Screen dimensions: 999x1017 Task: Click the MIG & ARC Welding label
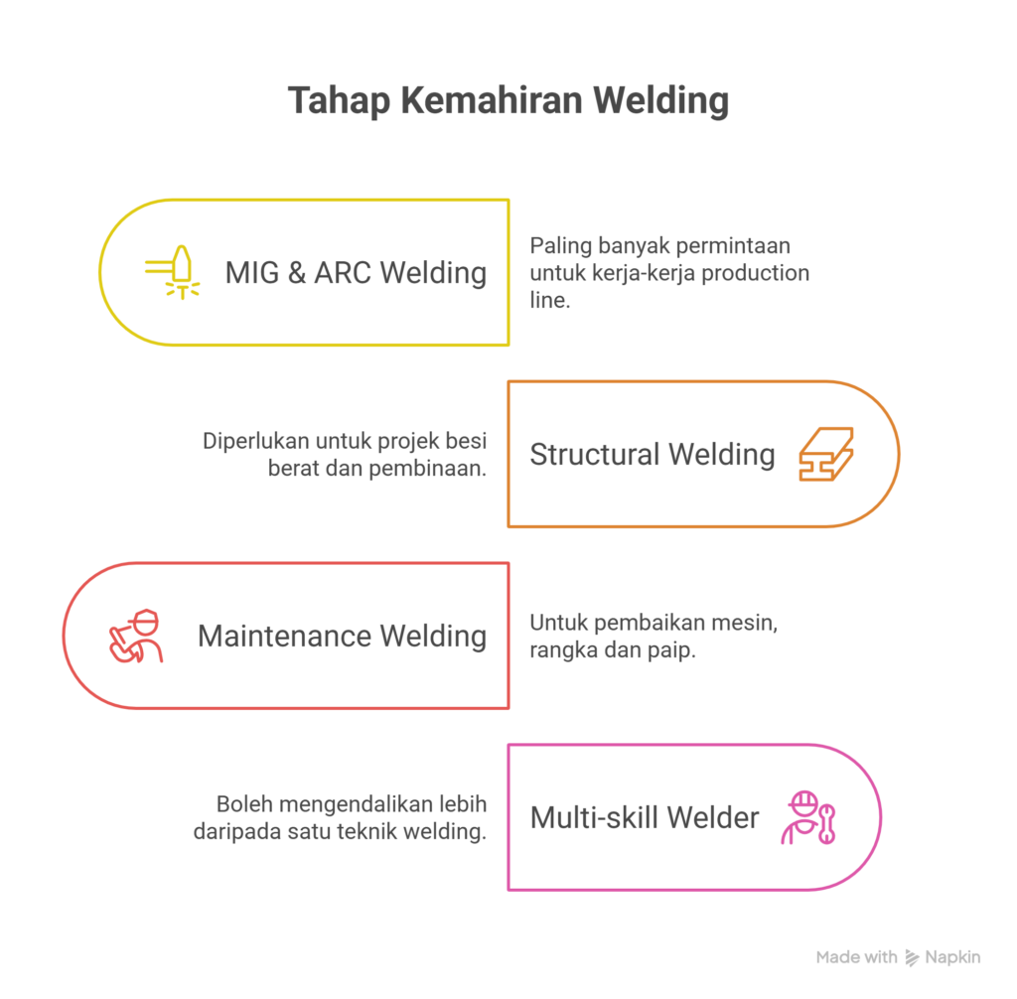tap(356, 272)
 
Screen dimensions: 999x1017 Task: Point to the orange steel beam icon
tap(826, 454)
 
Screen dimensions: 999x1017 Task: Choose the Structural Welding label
tap(652, 454)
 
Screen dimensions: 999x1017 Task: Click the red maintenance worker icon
tap(137, 636)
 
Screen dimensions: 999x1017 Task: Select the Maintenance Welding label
tap(342, 636)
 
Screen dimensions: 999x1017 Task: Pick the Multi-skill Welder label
tap(645, 817)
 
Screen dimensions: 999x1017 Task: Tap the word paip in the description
tap(673, 651)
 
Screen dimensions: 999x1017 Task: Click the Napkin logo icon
tap(912, 957)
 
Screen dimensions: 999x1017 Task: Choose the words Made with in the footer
tap(856, 957)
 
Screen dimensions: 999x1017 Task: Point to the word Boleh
tap(243, 804)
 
